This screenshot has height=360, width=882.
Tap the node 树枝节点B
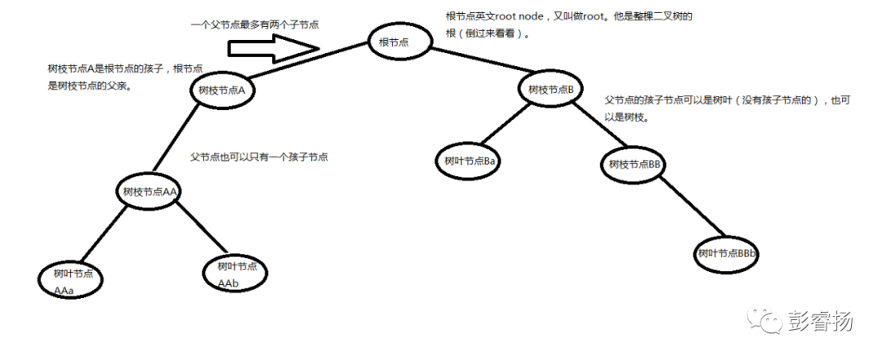(x=551, y=89)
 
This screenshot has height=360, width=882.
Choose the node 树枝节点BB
(x=634, y=164)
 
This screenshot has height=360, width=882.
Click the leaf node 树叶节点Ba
(x=470, y=161)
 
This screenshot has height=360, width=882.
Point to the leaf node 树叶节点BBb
(x=728, y=254)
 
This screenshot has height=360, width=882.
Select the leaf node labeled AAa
(x=72, y=280)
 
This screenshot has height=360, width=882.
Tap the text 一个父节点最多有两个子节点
(x=254, y=24)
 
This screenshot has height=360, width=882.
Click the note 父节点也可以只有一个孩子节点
(x=260, y=156)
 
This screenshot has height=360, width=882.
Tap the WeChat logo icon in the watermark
(x=765, y=321)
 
